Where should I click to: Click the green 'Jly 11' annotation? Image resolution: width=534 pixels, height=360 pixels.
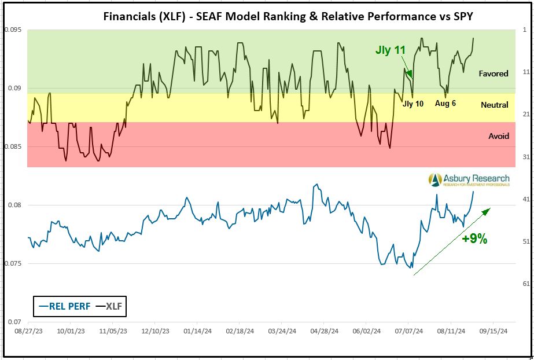[391, 50]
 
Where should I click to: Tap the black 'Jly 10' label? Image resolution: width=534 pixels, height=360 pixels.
[413, 104]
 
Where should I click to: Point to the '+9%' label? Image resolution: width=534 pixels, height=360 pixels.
[474, 238]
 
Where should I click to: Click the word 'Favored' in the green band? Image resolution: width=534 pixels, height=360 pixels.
[494, 74]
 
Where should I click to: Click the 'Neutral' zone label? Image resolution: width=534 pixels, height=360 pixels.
[495, 105]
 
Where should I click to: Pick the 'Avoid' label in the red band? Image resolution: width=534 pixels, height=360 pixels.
[499, 136]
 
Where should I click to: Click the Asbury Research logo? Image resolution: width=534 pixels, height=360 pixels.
[469, 180]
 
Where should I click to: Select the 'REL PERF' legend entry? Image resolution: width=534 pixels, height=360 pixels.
[64, 306]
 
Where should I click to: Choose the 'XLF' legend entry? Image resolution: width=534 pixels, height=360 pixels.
[111, 306]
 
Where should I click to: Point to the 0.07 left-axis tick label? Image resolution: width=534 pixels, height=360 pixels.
[13, 322]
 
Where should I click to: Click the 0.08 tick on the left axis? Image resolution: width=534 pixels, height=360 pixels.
[13, 205]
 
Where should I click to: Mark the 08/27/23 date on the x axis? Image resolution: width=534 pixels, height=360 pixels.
[27, 332]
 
